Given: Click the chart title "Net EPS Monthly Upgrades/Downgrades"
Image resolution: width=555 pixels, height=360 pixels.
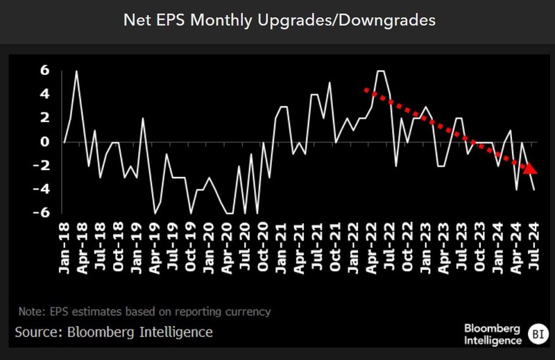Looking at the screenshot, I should click(x=279, y=20).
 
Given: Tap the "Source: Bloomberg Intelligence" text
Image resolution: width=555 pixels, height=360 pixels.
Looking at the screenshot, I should click(x=114, y=332).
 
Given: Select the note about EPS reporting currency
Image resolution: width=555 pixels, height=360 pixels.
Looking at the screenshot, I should click(x=144, y=311).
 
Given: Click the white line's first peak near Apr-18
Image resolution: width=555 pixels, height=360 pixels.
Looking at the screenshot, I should click(x=76, y=71).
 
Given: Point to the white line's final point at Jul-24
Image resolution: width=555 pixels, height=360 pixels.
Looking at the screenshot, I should click(x=533, y=189).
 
